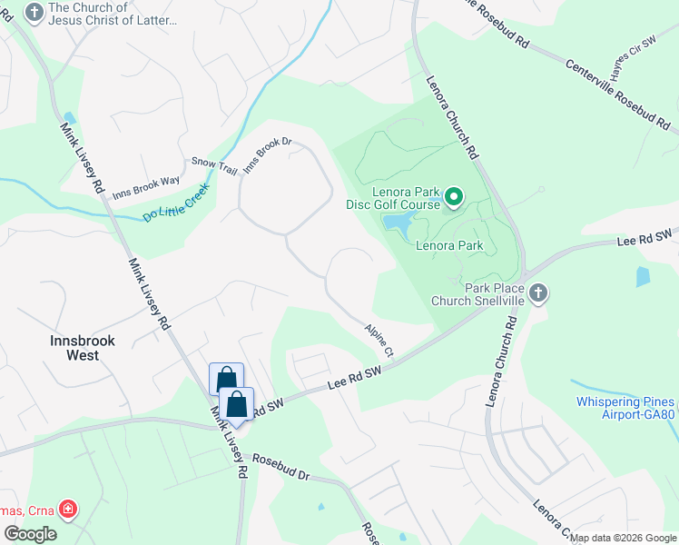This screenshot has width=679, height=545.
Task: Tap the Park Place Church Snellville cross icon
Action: (x=537, y=293)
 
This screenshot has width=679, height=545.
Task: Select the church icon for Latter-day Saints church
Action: (x=34, y=13)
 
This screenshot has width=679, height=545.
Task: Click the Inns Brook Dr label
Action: (x=268, y=154)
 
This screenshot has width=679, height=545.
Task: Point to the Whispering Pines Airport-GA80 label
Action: (x=625, y=409)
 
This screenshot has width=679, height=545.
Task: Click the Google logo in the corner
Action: (x=30, y=534)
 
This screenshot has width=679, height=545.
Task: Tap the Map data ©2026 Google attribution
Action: (x=623, y=538)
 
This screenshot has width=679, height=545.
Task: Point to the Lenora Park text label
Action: (x=448, y=245)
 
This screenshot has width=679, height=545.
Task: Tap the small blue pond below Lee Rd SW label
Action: (x=644, y=276)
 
